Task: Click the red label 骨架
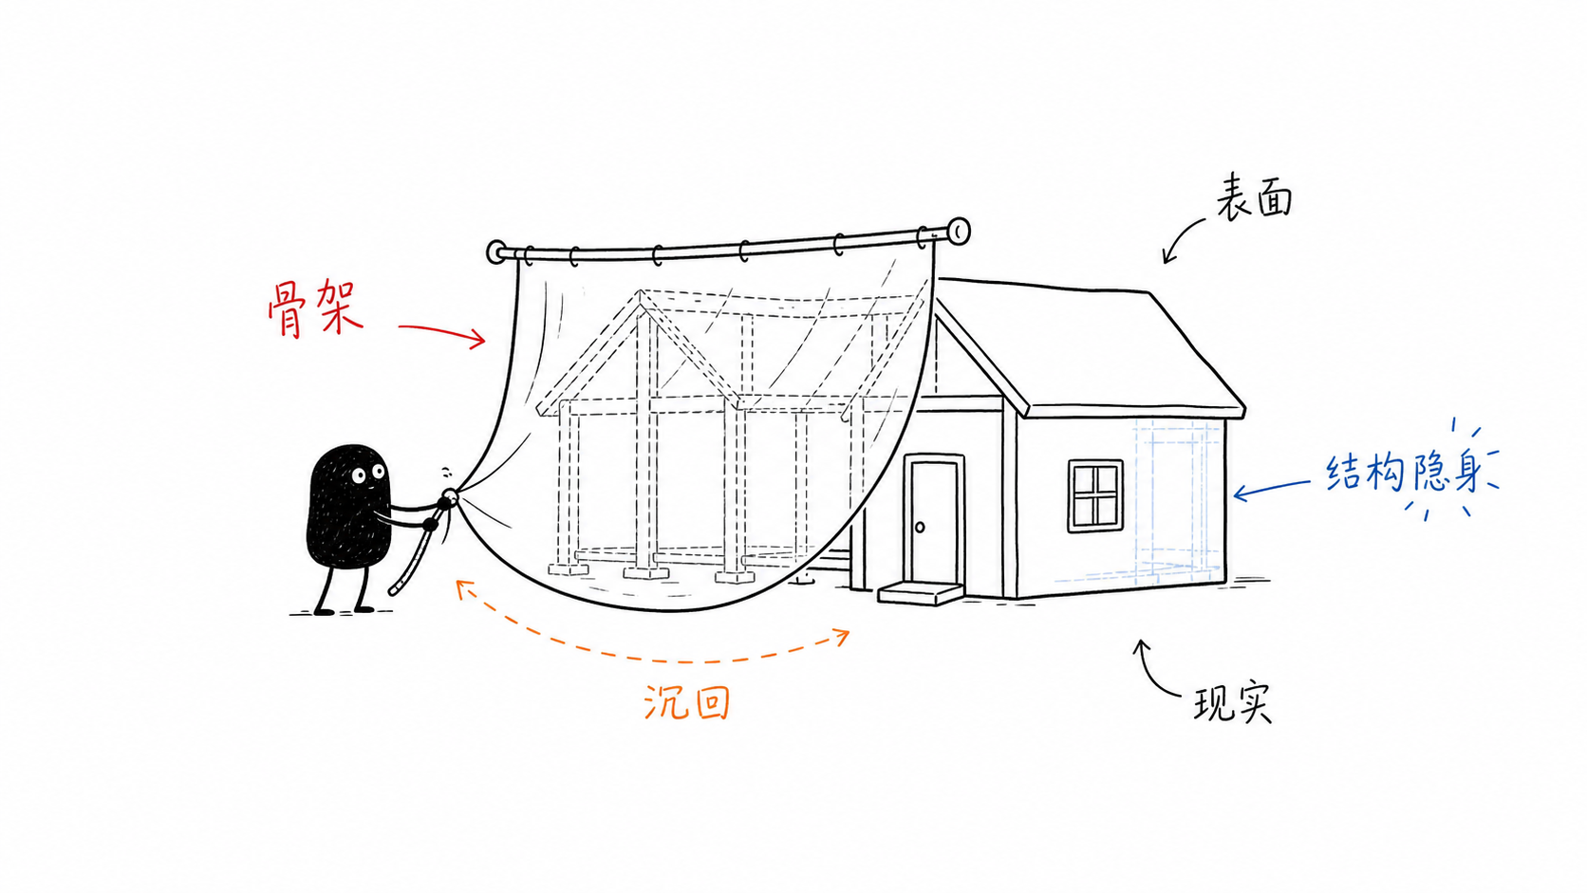[315, 308]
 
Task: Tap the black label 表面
[1254, 196]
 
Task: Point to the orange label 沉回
[686, 702]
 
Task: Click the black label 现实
[1234, 702]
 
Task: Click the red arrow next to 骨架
[441, 333]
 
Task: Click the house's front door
[935, 522]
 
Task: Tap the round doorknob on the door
[921, 527]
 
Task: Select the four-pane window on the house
[1095, 495]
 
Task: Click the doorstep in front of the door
[921, 593]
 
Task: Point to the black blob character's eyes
[367, 474]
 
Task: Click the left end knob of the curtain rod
[495, 252]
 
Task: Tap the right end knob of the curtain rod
[959, 231]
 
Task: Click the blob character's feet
[344, 610]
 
